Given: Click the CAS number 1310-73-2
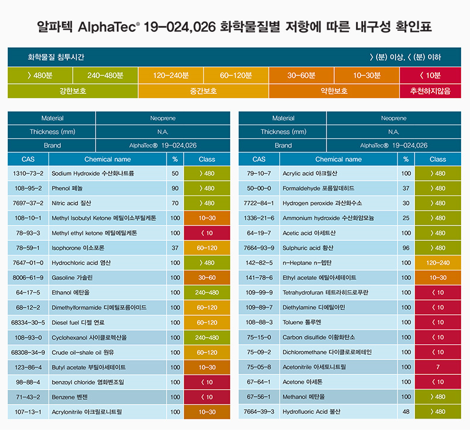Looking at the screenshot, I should coord(28,174).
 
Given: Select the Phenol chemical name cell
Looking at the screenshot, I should coord(108,188).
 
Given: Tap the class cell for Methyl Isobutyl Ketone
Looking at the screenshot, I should coord(207,218).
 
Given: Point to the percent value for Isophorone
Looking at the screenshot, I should coord(175,248).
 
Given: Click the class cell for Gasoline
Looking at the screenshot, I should coord(207,277).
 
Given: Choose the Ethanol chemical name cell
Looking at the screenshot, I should coord(108,292).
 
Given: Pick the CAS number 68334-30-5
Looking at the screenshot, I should coord(28,322).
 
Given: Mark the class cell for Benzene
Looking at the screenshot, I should coord(207,397).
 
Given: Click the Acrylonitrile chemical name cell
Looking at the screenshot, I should coord(108,412).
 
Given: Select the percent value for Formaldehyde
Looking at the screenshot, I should coord(406,188).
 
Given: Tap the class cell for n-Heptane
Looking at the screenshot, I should coord(438,263).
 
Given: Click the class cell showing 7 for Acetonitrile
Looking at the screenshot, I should coord(438,367).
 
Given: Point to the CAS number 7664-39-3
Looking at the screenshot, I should coord(259,412).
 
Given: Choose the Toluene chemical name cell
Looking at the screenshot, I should coord(339,322).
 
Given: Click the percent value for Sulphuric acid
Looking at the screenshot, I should coord(406,248).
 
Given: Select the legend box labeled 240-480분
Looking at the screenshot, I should coord(105,76).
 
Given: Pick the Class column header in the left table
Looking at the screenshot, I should coord(207,159).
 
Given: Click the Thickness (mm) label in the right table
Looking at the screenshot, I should coord(283,132).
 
